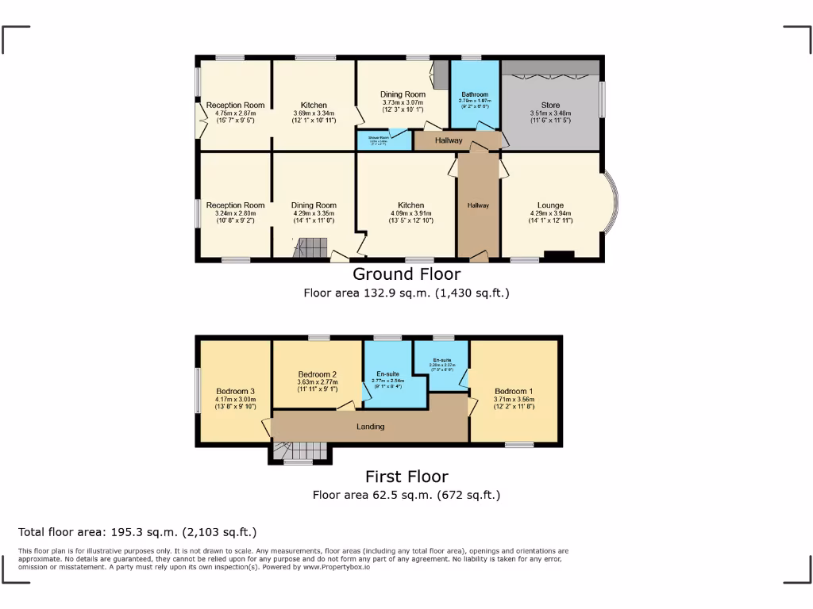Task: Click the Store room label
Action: pos(550,105)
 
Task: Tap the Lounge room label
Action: pos(550,205)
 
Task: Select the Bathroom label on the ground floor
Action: pos(475,94)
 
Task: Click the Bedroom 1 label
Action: pos(513,391)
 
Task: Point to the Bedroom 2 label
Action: pos(318,374)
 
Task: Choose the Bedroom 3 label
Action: pos(235,391)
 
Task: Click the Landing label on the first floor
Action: pos(370,427)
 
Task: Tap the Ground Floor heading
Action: pos(406,274)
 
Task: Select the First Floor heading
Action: pos(406,477)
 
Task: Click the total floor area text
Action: pos(137,532)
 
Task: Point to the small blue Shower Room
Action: pos(383,140)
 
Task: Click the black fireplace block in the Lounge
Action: pos(559,255)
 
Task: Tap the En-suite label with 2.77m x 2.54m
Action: pos(387,381)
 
